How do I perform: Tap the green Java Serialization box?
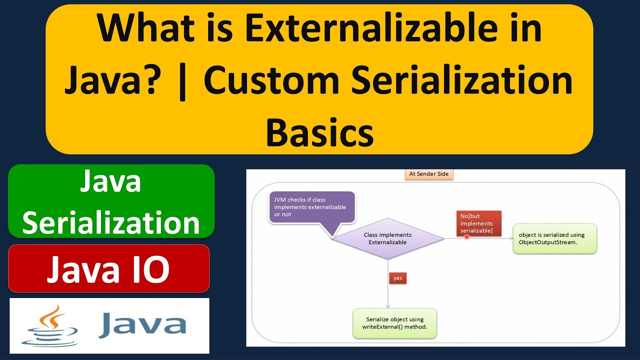click(111, 201)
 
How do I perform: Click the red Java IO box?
click(108, 268)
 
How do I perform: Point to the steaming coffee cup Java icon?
click(50, 325)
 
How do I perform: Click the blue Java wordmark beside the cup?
click(142, 325)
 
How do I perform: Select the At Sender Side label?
click(428, 174)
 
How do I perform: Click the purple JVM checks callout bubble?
click(311, 206)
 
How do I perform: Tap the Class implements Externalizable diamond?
click(388, 238)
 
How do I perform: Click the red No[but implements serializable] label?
click(478, 223)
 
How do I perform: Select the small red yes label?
click(397, 278)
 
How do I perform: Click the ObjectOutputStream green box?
click(554, 238)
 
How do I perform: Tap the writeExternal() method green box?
click(394, 323)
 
